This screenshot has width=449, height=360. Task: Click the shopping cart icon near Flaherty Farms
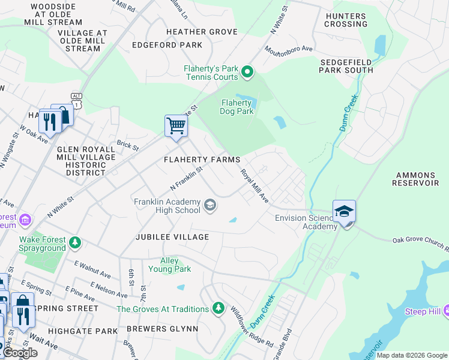click(x=176, y=127)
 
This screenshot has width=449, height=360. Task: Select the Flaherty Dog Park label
click(x=235, y=107)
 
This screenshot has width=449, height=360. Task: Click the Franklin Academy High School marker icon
click(x=209, y=206)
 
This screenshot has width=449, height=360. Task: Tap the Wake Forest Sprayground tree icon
click(x=75, y=242)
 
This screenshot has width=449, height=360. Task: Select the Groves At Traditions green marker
click(x=218, y=309)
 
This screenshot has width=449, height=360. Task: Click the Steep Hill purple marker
click(x=445, y=311)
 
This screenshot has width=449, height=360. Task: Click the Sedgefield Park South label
click(x=346, y=66)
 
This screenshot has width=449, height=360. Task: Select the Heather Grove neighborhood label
click(x=185, y=31)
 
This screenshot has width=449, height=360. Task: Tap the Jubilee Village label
click(x=172, y=237)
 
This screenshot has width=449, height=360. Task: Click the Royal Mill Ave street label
click(x=255, y=185)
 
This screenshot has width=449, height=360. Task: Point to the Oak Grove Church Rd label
click(x=420, y=243)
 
